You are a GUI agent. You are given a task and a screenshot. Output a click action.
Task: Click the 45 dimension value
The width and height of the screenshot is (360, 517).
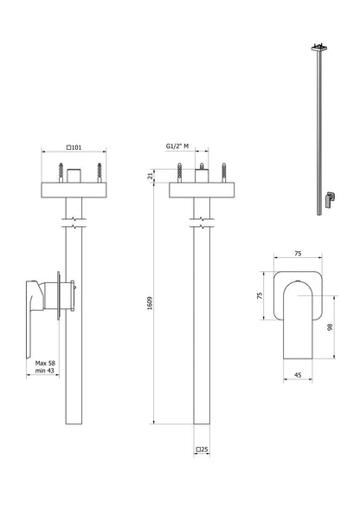299,375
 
